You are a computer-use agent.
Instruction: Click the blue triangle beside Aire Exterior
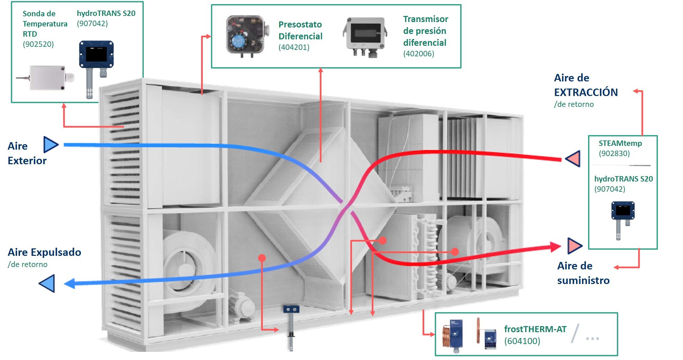click(51, 145)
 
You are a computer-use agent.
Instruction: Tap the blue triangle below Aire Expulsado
click(47, 283)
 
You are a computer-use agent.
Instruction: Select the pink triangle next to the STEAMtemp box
click(573, 158)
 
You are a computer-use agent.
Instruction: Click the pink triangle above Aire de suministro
click(574, 246)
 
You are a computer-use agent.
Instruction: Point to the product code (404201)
click(294, 47)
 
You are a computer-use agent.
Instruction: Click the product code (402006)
click(418, 54)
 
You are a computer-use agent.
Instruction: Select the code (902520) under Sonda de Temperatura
click(38, 44)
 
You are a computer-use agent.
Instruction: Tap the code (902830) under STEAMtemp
click(614, 153)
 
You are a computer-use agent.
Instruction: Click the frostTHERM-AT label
click(535, 329)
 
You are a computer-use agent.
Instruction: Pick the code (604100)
click(522, 341)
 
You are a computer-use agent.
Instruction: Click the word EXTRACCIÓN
click(586, 92)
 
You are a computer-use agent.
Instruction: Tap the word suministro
click(583, 280)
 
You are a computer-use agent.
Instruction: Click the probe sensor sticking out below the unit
click(291, 327)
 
